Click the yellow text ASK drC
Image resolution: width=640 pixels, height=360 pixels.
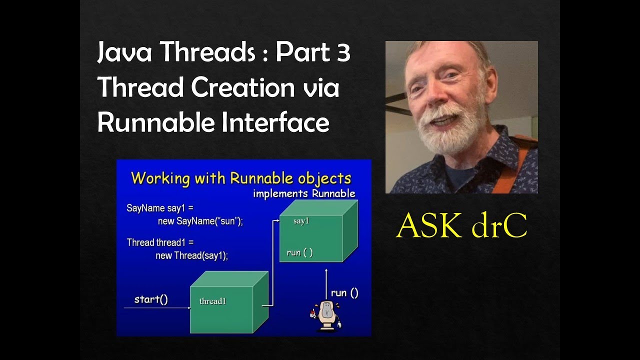point(461,227)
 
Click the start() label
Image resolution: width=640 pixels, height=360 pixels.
point(151,299)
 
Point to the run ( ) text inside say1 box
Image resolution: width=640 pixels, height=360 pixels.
point(299,252)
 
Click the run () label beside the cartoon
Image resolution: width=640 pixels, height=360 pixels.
point(344,293)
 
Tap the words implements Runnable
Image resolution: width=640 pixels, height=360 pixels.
point(304,193)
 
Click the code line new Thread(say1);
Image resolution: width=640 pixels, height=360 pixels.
point(191,255)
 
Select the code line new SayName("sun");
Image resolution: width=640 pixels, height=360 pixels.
point(200,221)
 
